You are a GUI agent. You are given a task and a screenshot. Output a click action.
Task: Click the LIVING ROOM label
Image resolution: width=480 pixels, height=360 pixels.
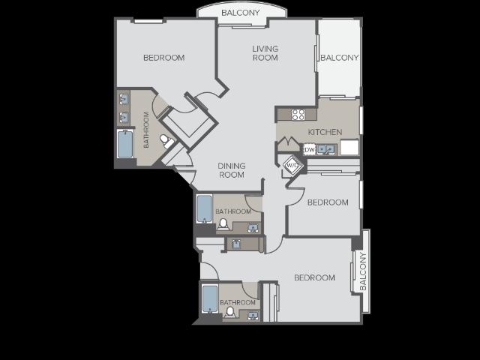(x=265, y=53)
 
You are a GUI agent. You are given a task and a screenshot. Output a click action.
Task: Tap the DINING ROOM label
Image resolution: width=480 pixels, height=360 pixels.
(x=232, y=170)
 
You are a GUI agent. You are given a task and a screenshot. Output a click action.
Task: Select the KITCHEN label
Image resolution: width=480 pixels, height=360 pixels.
(x=325, y=132)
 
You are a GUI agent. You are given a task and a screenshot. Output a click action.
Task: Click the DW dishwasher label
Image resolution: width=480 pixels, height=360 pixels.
(x=309, y=148)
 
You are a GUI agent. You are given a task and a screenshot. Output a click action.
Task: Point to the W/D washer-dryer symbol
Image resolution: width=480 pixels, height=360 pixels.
(x=291, y=164)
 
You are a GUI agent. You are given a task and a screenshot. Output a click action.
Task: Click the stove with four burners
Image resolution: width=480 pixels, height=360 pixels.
(x=298, y=115)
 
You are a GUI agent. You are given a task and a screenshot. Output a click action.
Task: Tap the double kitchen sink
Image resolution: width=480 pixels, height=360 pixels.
(x=326, y=149)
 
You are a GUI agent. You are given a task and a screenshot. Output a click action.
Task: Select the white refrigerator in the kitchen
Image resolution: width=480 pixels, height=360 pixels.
(x=349, y=147)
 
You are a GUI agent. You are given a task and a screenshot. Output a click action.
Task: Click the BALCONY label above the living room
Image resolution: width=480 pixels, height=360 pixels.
(x=240, y=13)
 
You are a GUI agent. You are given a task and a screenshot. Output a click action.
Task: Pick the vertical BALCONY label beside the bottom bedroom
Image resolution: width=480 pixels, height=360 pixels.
(x=363, y=271)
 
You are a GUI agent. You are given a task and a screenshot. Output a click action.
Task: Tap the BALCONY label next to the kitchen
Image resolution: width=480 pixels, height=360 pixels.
(x=339, y=58)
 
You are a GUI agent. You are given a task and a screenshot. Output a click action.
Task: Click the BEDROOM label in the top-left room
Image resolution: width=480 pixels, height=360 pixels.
(x=163, y=58)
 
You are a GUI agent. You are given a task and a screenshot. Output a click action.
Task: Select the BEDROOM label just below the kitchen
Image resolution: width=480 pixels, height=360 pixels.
(x=328, y=202)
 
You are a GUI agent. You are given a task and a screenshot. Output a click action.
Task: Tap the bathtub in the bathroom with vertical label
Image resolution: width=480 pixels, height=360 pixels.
(x=125, y=143)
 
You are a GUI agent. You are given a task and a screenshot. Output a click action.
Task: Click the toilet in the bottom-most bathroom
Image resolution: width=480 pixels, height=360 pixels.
(x=231, y=311)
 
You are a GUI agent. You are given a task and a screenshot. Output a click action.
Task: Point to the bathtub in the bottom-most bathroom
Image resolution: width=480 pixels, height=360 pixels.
(x=210, y=299)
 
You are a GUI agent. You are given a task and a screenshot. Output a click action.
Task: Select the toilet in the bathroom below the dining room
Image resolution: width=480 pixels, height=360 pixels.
(x=223, y=223)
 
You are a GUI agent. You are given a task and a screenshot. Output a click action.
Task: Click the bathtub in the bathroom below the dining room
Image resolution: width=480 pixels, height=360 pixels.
(x=204, y=209)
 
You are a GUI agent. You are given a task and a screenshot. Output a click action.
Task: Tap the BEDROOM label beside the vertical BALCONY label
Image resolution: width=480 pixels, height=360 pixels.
(x=314, y=277)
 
